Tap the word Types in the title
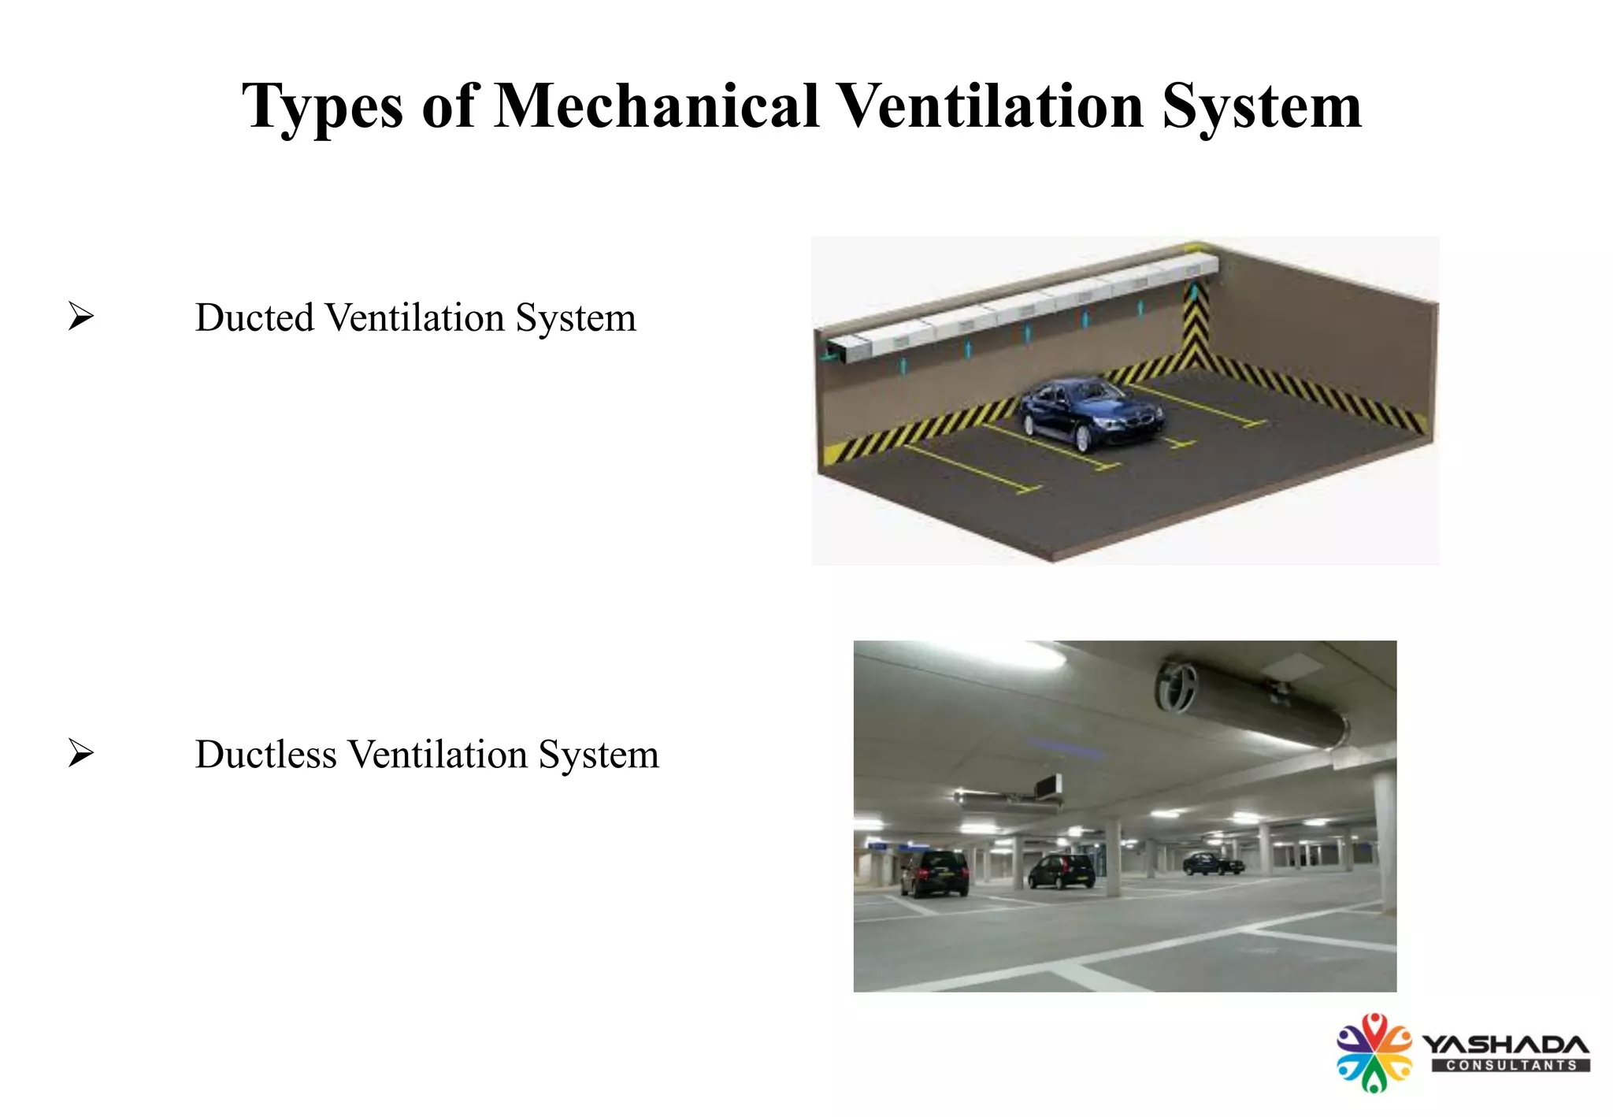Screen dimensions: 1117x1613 tap(322, 107)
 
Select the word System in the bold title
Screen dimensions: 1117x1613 tap(1262, 107)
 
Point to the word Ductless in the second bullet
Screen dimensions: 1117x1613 tap(265, 754)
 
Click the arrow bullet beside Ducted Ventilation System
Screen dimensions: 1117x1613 tap(80, 317)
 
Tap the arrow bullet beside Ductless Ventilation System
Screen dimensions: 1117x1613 tap(80, 753)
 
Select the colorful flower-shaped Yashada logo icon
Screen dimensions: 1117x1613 tap(1374, 1052)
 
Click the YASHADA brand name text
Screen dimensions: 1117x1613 tap(1505, 1045)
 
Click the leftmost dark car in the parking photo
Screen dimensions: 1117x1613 tap(934, 873)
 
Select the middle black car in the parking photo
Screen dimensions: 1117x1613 tap(1061, 871)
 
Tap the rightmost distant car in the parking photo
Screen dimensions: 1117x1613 tap(1213, 863)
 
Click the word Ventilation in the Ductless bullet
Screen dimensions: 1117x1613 tap(438, 754)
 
